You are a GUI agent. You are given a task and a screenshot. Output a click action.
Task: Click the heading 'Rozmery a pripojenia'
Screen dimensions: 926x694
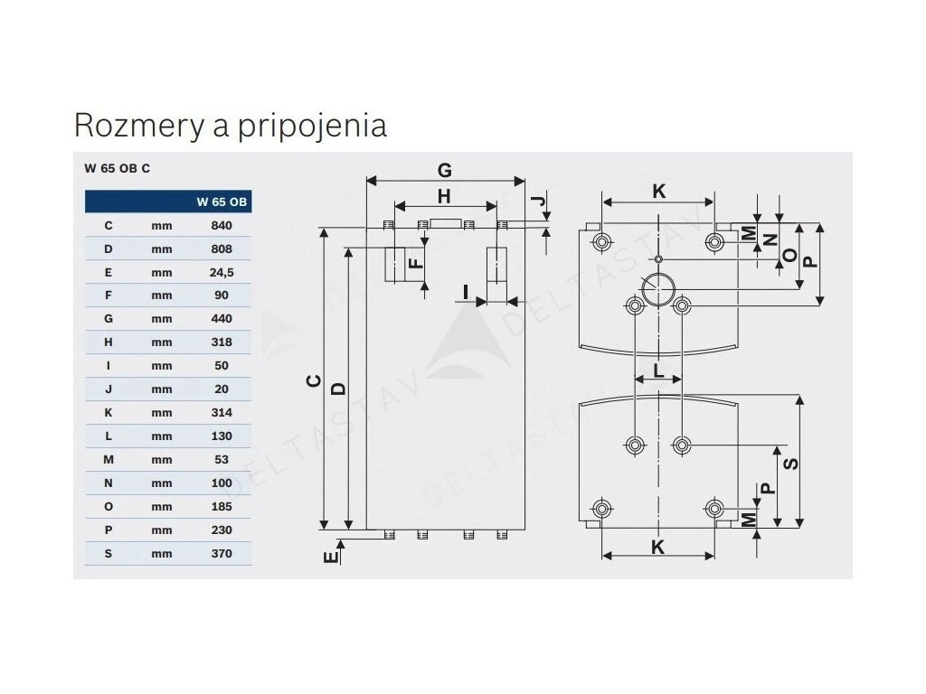point(230,125)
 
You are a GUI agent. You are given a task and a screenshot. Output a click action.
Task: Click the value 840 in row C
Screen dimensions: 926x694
point(222,225)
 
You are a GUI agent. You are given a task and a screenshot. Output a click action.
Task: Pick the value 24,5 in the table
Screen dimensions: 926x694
point(222,272)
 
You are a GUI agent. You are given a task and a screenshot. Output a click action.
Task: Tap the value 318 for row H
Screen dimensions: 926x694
point(222,342)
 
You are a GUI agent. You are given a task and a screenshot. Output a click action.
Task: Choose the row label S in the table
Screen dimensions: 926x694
point(108,554)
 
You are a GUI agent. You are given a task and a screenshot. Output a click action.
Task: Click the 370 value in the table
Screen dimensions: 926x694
point(222,554)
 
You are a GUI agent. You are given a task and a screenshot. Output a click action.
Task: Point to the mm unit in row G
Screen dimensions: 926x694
point(162,319)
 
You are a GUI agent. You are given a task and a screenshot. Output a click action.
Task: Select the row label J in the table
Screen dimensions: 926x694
point(108,389)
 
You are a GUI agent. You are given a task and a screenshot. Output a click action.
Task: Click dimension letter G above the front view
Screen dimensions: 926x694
point(444,169)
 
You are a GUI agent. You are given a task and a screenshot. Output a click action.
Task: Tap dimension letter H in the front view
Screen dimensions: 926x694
point(444,195)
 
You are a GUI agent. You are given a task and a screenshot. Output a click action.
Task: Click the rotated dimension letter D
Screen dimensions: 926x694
point(337,389)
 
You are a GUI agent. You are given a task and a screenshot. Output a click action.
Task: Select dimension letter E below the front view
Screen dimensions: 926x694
point(331,558)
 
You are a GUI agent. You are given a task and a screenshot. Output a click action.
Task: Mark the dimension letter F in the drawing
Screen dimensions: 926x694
point(415,263)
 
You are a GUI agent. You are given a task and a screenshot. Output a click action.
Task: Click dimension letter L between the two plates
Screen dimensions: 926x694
point(658,370)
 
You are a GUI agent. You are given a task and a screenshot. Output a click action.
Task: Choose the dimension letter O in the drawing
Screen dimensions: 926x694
point(789,257)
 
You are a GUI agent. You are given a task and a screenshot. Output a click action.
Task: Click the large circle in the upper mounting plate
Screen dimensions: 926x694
point(658,289)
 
